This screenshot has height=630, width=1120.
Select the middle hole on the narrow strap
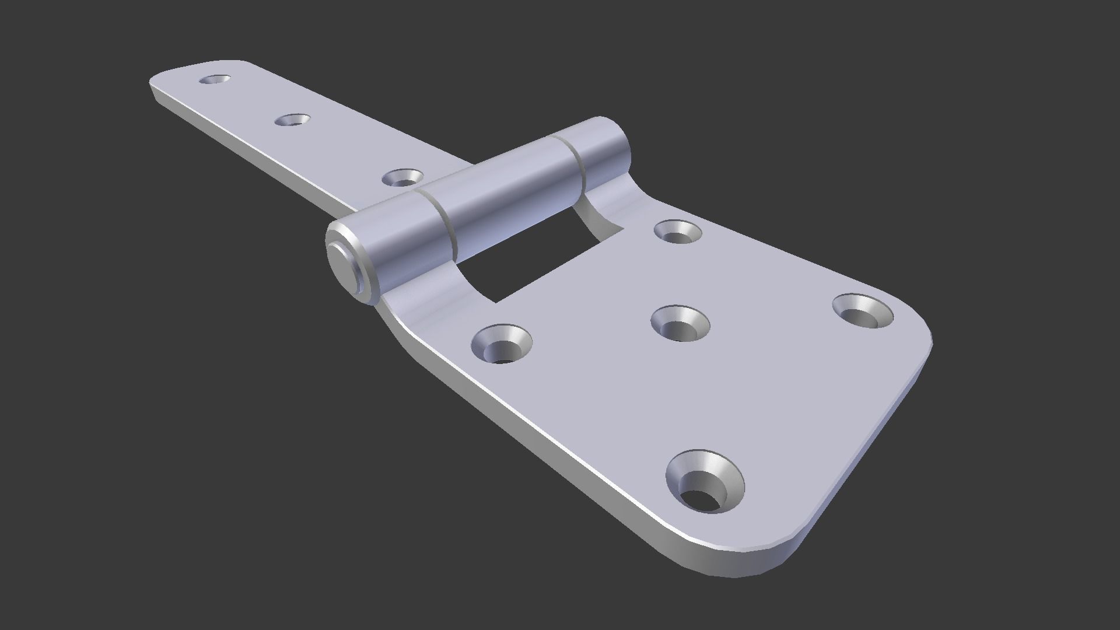pyautogui.click(x=292, y=120)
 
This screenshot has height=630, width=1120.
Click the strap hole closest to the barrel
pyautogui.click(x=402, y=177)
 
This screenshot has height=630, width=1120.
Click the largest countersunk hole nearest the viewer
pyautogui.click(x=705, y=480)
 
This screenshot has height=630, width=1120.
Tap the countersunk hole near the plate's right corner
pyautogui.click(x=862, y=310)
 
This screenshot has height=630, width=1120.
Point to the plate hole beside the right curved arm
pyautogui.click(x=677, y=231)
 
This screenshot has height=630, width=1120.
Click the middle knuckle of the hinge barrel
pyautogui.click(x=508, y=192)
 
